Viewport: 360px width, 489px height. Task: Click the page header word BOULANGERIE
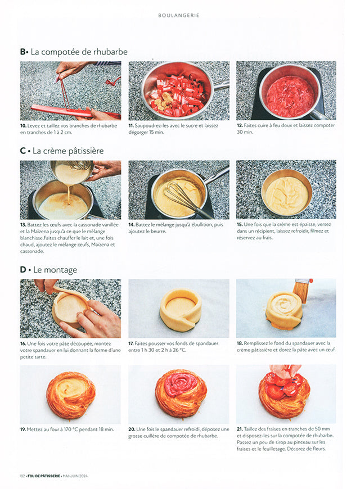tap(178, 15)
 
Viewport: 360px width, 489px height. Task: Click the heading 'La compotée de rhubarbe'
tap(79, 52)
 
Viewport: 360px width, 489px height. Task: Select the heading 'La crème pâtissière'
tap(68, 151)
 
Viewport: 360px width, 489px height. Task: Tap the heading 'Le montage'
tap(55, 270)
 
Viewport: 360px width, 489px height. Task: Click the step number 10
tap(23, 125)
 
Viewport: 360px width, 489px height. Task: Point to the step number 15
tap(239, 224)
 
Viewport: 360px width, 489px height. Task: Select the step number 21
tap(239, 429)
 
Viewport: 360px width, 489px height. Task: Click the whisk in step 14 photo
tap(183, 197)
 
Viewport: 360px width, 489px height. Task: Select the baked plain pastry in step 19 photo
tap(70, 395)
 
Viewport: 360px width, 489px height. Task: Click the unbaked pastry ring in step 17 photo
tap(180, 309)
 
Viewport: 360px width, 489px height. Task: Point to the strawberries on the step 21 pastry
tap(284, 388)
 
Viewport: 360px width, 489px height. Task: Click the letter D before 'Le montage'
tap(23, 270)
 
